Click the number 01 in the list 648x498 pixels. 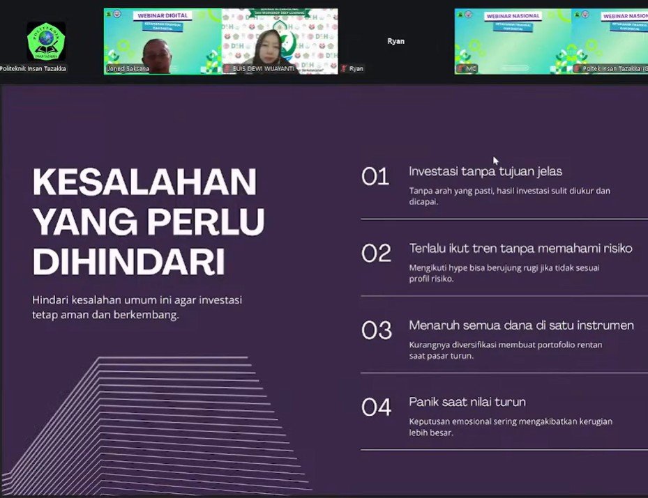pos(375,177)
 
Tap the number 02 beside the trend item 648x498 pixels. pos(376,254)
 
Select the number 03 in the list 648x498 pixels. pos(377,330)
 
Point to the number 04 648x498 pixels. pos(377,407)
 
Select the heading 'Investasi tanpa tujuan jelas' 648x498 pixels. pos(485,171)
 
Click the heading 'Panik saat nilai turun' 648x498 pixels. pos(467,402)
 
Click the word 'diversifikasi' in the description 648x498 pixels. pos(486,345)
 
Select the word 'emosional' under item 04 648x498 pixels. pos(477,421)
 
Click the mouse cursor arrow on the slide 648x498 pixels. pos(495,160)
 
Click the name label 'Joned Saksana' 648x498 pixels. pos(128,69)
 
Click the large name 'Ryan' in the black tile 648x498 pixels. pos(396,41)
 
